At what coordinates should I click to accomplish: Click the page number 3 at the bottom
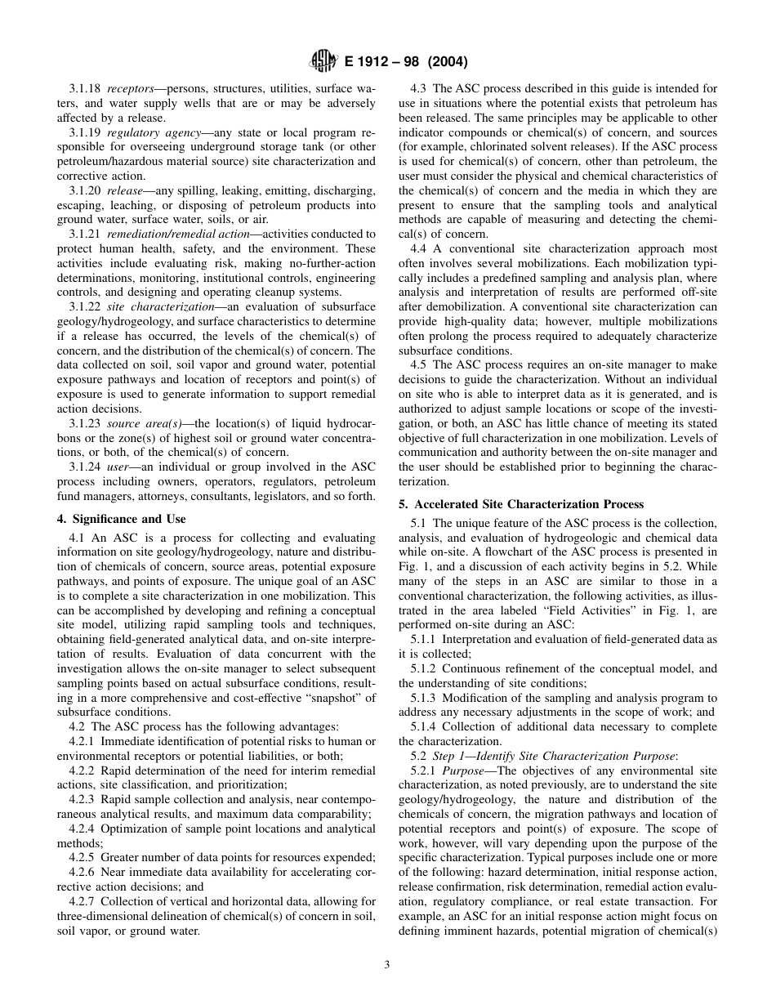(x=387, y=965)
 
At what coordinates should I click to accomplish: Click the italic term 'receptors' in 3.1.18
(x=130, y=88)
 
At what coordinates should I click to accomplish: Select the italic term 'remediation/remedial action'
(x=179, y=234)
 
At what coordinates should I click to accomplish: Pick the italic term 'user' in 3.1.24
(x=118, y=467)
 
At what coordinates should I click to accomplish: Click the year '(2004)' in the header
(x=445, y=62)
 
